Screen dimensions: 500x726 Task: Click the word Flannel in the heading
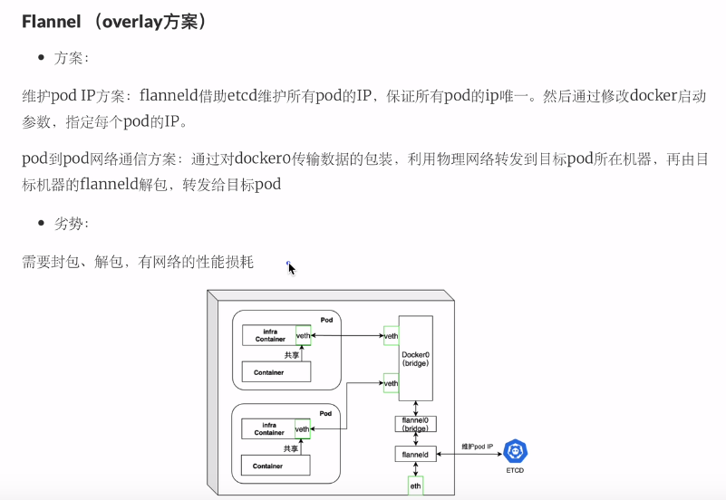pyautogui.click(x=51, y=21)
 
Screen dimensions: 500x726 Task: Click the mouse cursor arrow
pyautogui.click(x=291, y=268)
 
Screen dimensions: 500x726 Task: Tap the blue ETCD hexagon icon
pyautogui.click(x=515, y=450)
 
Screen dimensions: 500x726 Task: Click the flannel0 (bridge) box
pyautogui.click(x=415, y=424)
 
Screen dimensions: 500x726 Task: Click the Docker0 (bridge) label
pyautogui.click(x=415, y=358)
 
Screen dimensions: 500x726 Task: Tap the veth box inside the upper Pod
pyautogui.click(x=304, y=336)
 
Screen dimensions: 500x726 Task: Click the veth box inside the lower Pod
pyautogui.click(x=304, y=428)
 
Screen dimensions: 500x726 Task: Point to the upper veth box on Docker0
pyautogui.click(x=392, y=336)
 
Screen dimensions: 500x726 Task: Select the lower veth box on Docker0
pyautogui.click(x=392, y=383)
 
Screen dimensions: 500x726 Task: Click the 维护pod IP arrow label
pyautogui.click(x=478, y=447)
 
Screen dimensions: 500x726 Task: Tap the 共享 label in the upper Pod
pyautogui.click(x=291, y=355)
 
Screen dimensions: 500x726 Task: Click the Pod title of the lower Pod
pyautogui.click(x=326, y=413)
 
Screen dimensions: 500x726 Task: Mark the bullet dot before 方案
pyautogui.click(x=41, y=58)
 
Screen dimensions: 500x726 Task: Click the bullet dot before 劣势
pyautogui.click(x=41, y=223)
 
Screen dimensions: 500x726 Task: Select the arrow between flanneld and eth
pyautogui.click(x=415, y=468)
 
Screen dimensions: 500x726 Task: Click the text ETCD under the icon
pyautogui.click(x=515, y=470)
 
